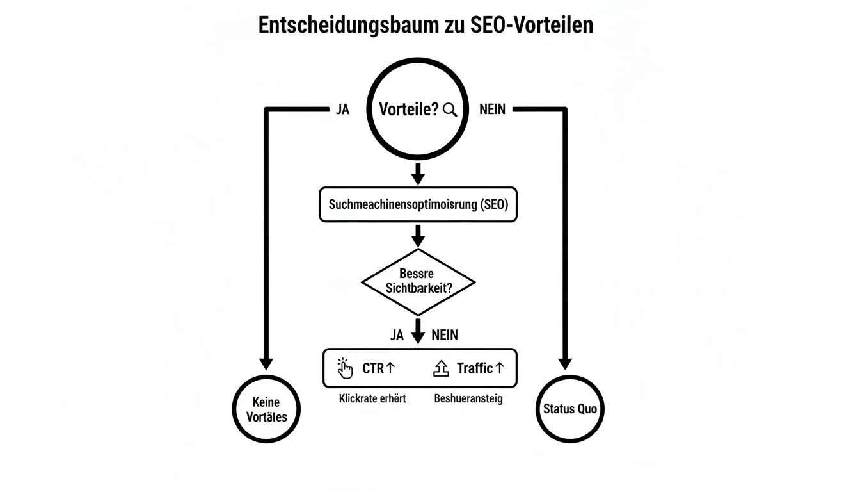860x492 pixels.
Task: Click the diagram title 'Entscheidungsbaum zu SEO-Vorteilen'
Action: coord(426,25)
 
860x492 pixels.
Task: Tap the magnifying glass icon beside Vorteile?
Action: coord(450,110)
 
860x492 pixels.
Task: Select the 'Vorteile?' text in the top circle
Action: coord(408,110)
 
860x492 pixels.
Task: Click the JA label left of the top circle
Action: coord(342,110)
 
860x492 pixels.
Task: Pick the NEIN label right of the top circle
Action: coord(492,110)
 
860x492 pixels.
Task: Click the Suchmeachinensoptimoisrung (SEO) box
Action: coord(418,205)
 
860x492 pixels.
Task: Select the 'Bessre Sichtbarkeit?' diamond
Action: coord(418,281)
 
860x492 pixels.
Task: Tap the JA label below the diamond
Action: coord(397,335)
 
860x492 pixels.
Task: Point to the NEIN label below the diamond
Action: coord(445,335)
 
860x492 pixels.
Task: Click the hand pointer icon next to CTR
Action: coord(345,368)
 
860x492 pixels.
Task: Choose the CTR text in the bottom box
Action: coord(373,368)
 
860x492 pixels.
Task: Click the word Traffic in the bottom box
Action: coord(474,368)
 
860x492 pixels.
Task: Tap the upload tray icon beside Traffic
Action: coord(442,368)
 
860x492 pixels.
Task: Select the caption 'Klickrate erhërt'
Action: coord(372,398)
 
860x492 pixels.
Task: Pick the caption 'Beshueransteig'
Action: coord(468,398)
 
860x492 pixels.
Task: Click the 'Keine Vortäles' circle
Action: coord(266,409)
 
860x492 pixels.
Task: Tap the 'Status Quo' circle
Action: coord(569,409)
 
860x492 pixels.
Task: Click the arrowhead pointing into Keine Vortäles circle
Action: coord(266,363)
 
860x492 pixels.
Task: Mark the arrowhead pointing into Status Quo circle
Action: coord(565,363)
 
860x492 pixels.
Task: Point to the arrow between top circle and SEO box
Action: coord(418,173)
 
